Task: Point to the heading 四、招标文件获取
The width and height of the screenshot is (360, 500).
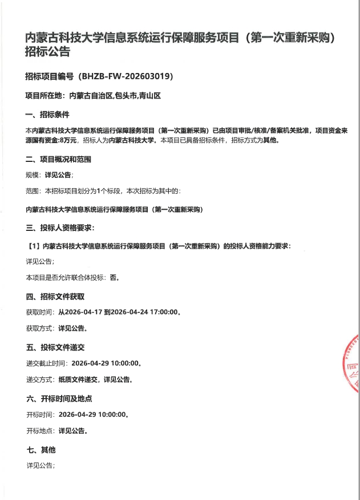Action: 55,296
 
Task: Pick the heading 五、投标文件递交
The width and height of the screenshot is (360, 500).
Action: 55,347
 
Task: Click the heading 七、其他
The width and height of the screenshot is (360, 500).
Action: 41,450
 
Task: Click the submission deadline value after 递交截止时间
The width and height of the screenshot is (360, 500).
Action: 105,363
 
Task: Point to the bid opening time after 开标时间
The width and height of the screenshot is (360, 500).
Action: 91,414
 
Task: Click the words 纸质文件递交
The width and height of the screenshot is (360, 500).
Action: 79,379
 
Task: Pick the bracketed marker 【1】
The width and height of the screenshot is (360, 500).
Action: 33,246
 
